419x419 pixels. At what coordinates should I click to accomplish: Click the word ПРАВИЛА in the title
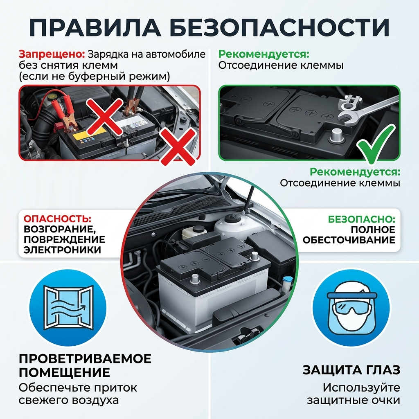[95, 27]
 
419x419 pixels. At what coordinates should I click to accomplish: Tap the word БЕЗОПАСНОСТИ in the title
[279, 27]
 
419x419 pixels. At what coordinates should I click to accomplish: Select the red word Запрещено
[52, 54]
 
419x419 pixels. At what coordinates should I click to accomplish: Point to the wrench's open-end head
[347, 117]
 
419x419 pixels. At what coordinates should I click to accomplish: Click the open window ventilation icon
[68, 308]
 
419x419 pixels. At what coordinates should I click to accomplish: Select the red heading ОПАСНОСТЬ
[57, 219]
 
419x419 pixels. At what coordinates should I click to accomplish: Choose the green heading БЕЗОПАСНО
[362, 219]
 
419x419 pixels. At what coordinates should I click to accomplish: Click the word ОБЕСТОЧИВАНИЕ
[349, 240]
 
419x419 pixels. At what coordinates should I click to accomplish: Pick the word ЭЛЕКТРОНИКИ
[62, 250]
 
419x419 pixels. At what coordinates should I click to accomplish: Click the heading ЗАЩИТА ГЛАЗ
[351, 370]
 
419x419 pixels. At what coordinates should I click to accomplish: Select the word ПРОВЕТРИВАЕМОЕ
[85, 358]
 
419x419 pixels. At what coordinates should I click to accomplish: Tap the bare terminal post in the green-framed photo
[336, 136]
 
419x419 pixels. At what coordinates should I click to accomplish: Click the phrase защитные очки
[353, 400]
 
